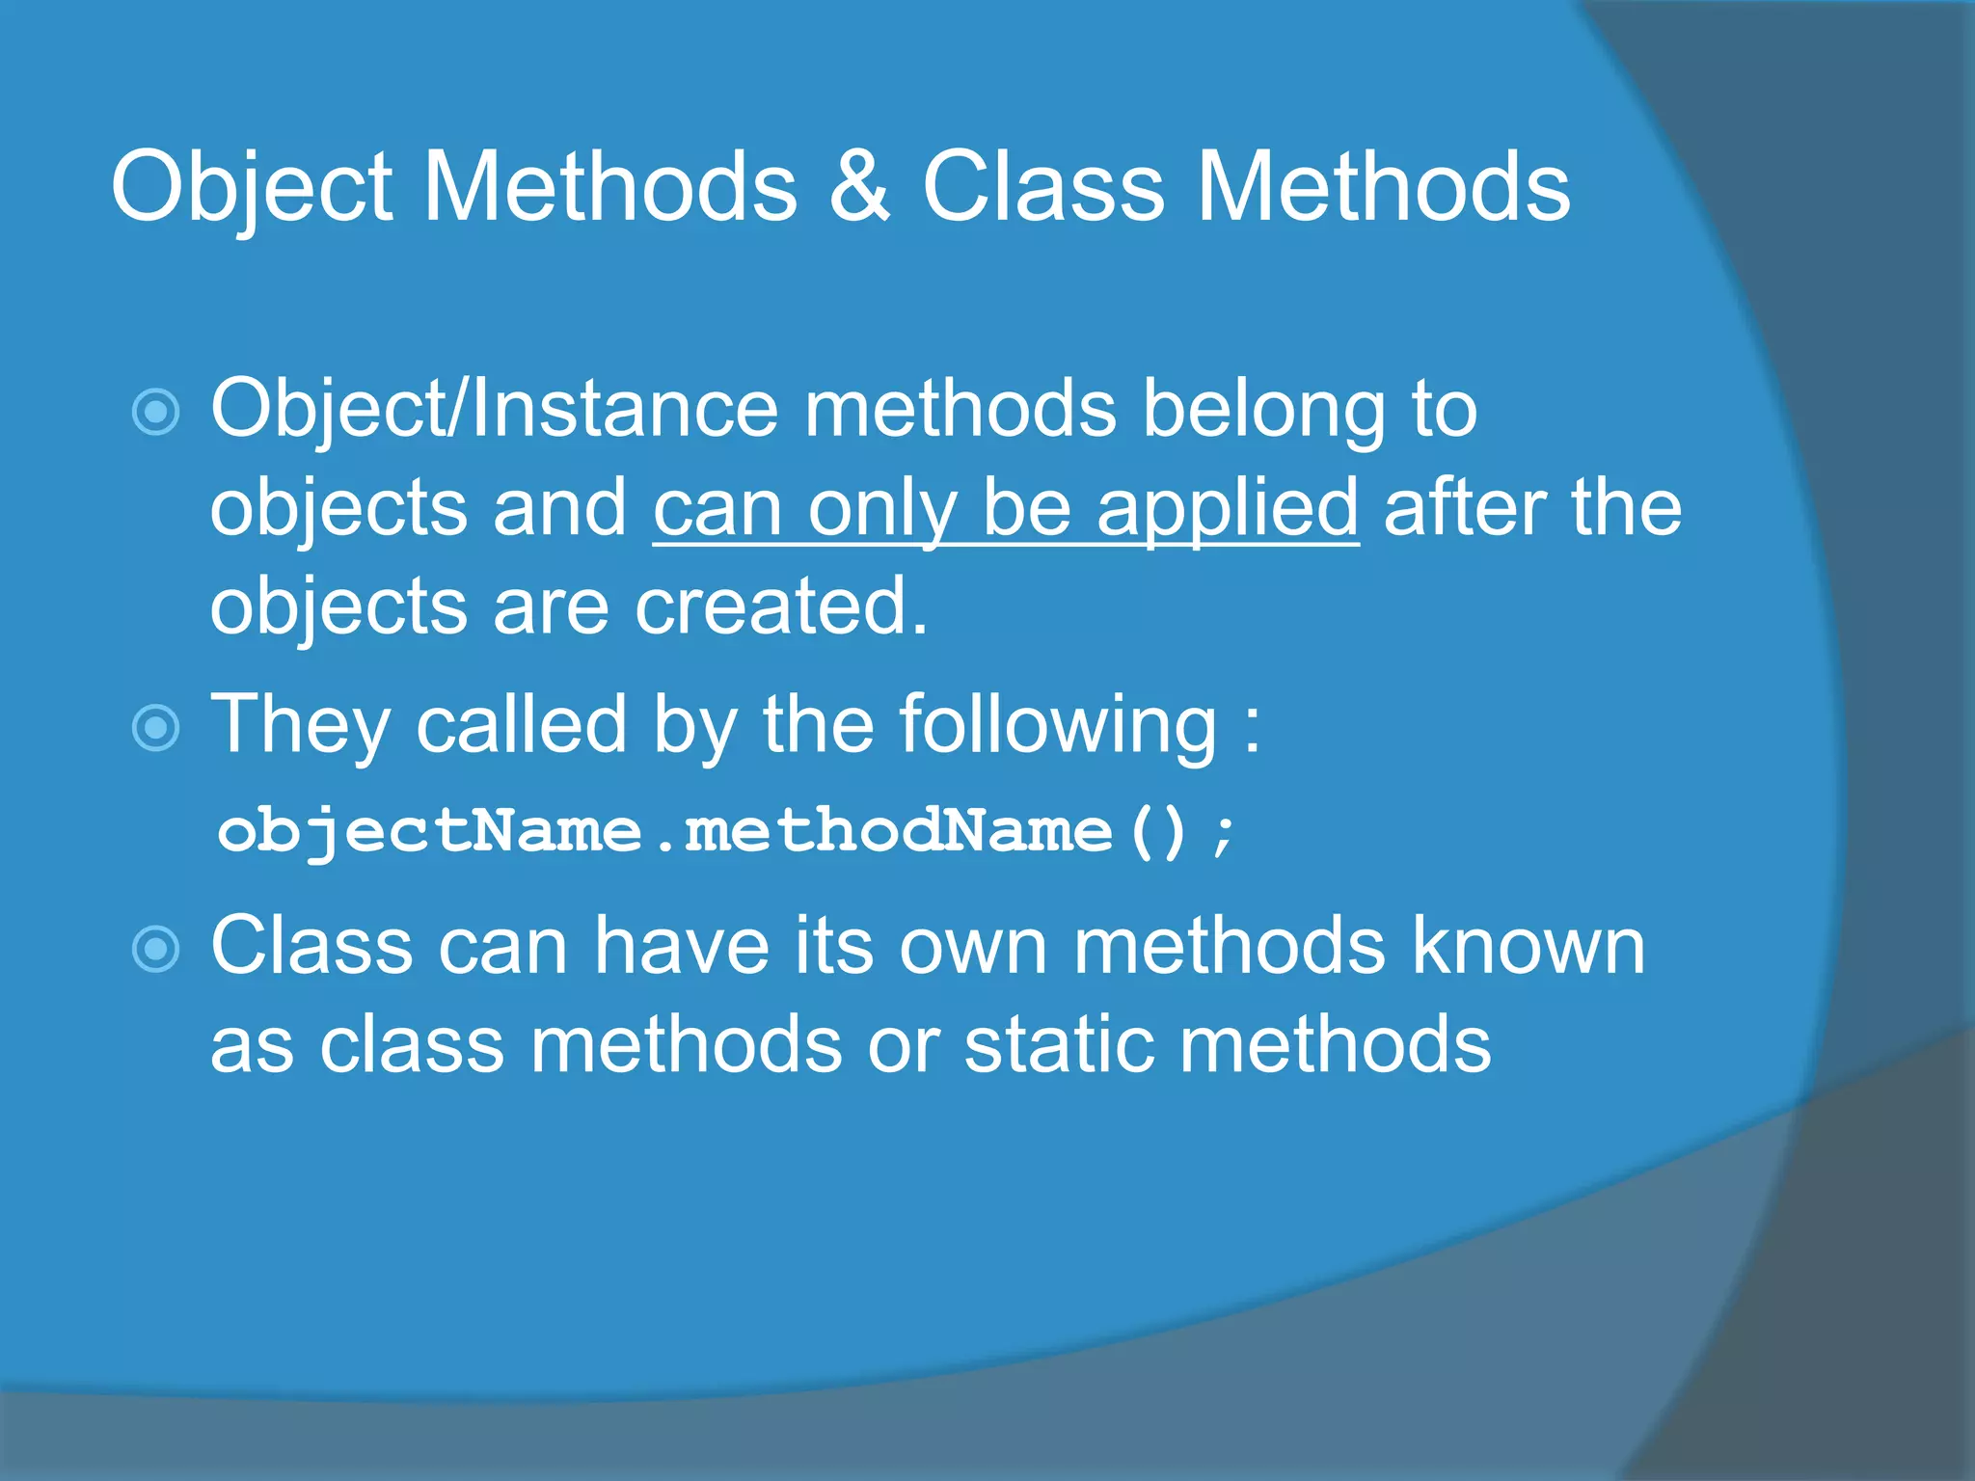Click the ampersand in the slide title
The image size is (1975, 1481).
click(x=858, y=188)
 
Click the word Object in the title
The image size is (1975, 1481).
click(x=253, y=188)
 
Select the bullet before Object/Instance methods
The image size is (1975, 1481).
click(x=155, y=413)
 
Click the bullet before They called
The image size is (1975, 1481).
click(x=155, y=727)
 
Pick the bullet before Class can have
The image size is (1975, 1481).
click(x=155, y=949)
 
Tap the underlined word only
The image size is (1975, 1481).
click(x=881, y=509)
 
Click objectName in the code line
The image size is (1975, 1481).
click(x=429, y=831)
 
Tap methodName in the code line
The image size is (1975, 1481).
click(x=898, y=831)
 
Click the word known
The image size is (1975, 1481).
click(x=1529, y=947)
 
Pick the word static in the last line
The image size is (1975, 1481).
click(x=1059, y=1045)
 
